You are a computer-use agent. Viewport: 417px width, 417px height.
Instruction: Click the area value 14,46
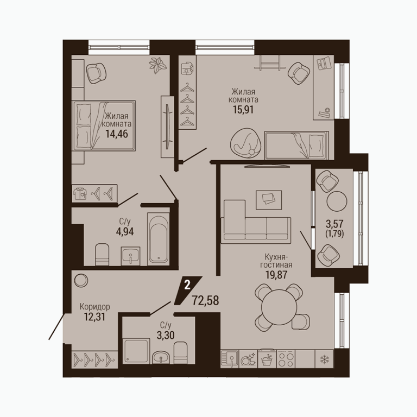tap(117, 134)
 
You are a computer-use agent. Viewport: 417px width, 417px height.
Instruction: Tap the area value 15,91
tap(243, 109)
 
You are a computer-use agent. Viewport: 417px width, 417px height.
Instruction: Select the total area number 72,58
tap(205, 300)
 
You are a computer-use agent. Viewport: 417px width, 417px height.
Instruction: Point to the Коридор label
tap(94, 307)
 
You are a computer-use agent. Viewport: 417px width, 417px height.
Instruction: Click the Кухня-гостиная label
tap(276, 261)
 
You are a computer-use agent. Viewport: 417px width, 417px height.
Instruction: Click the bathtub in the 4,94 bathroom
tap(159, 239)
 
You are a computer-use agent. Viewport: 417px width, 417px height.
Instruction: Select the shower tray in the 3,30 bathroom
tap(136, 351)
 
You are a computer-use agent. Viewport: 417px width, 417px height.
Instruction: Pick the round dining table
tap(279, 306)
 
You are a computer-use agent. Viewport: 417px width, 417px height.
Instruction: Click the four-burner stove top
tap(286, 359)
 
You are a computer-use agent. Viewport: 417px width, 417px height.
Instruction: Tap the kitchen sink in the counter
tap(230, 359)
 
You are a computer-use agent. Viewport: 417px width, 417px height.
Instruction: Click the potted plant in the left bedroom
tap(158, 65)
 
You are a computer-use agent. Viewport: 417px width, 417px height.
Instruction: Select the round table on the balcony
tap(337, 201)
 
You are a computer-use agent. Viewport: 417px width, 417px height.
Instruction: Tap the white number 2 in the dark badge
tap(187, 286)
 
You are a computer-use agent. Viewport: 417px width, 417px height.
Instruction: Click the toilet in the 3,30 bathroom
tap(181, 352)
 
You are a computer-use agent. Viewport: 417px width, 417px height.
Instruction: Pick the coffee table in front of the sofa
tap(269, 200)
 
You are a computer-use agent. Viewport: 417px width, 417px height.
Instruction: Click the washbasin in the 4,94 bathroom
tap(130, 256)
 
